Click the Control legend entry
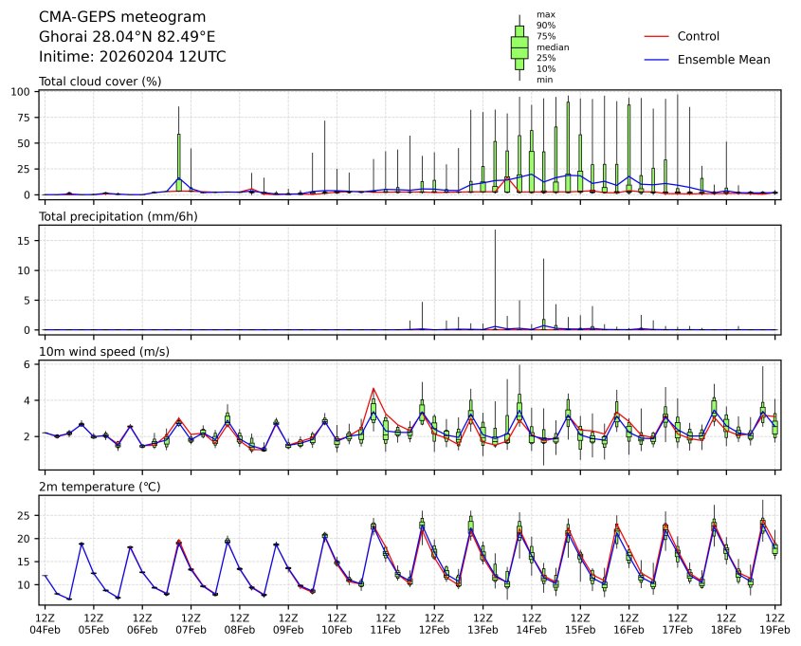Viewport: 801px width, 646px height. pyautogui.click(x=698, y=36)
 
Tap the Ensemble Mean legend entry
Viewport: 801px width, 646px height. pyautogui.click(x=723, y=59)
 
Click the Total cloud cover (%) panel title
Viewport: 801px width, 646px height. pyautogui.click(x=100, y=81)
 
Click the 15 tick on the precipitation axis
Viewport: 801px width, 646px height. pyautogui.click(x=28, y=240)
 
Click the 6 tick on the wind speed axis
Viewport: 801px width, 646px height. pyautogui.click(x=32, y=364)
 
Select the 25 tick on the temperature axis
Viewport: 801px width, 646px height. pyautogui.click(x=28, y=515)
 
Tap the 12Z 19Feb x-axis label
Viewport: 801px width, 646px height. pyautogui.click(x=775, y=622)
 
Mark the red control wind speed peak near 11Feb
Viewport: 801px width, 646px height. pyautogui.click(x=374, y=388)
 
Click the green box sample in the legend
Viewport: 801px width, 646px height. pyautogui.click(x=519, y=46)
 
